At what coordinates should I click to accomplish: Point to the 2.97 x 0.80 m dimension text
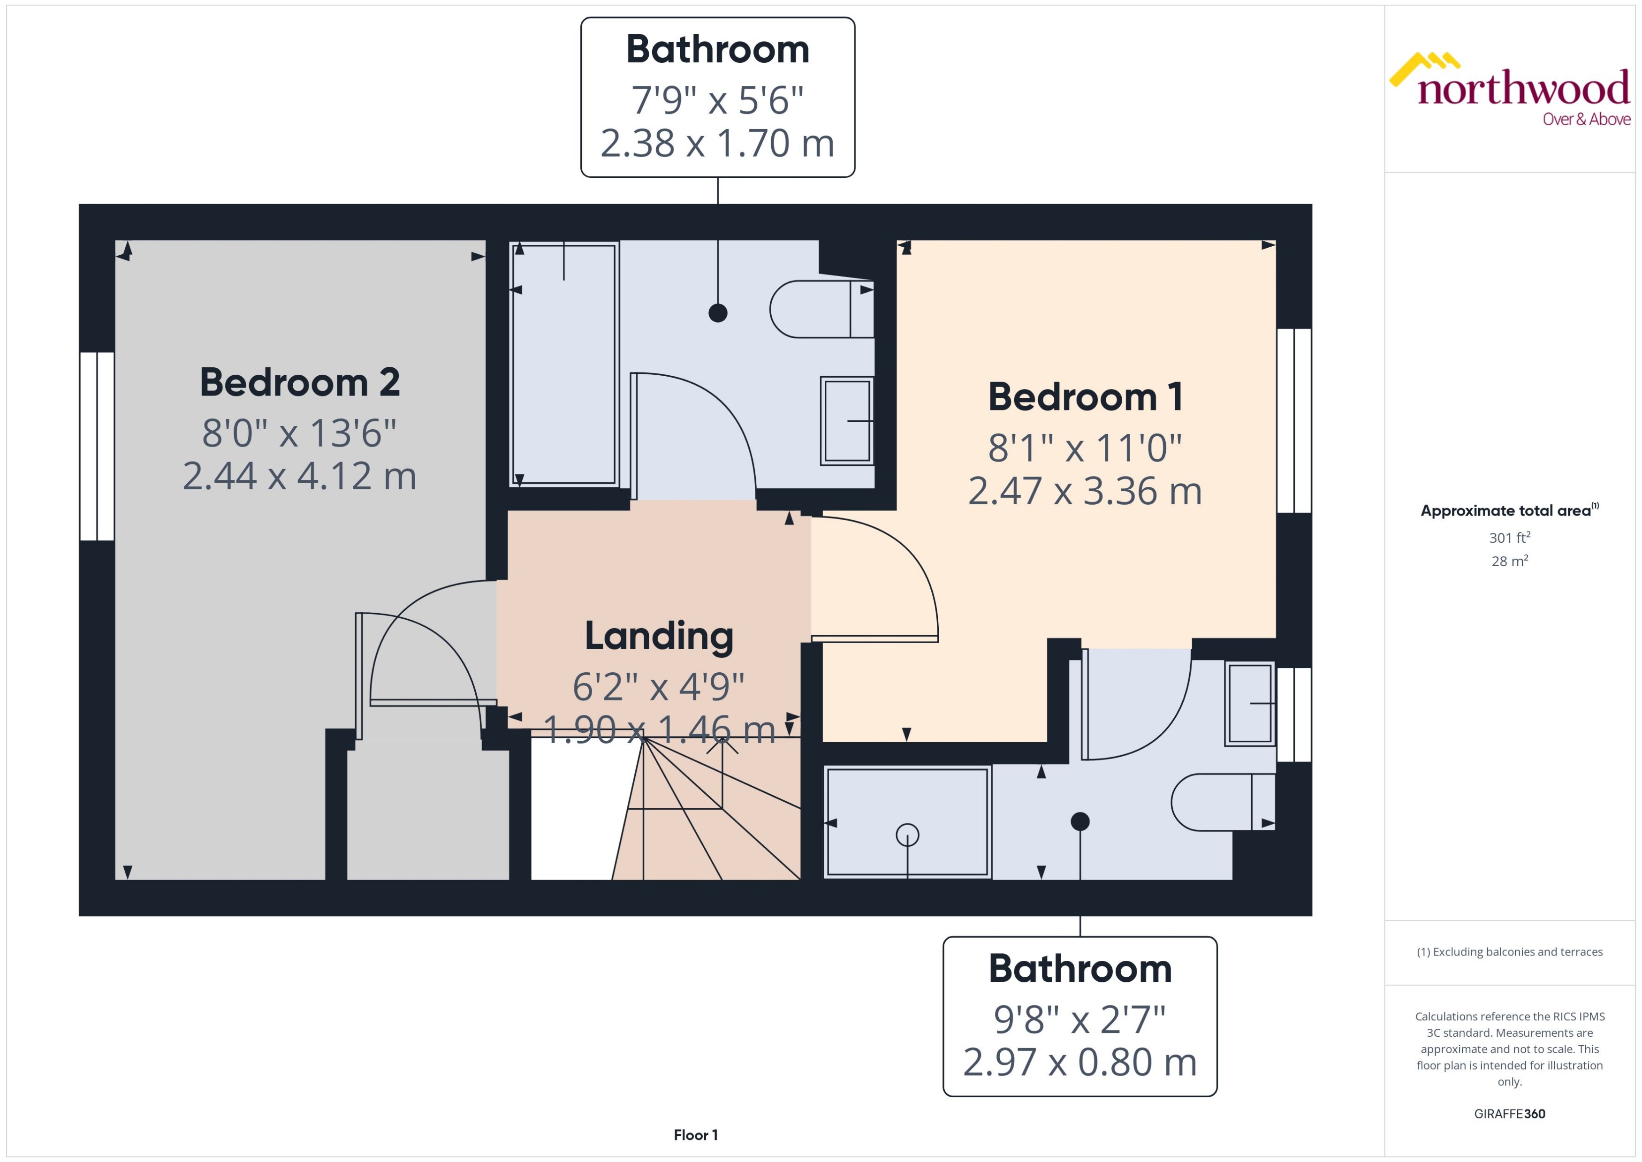tap(1079, 1062)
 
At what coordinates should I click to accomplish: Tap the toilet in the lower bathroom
tap(1221, 802)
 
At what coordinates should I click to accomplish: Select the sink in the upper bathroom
tap(847, 421)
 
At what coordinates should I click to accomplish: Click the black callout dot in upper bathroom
tap(718, 313)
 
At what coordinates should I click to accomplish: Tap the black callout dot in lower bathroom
tap(1079, 821)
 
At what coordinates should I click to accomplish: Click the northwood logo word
tap(1523, 89)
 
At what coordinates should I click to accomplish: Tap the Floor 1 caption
tap(695, 1135)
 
